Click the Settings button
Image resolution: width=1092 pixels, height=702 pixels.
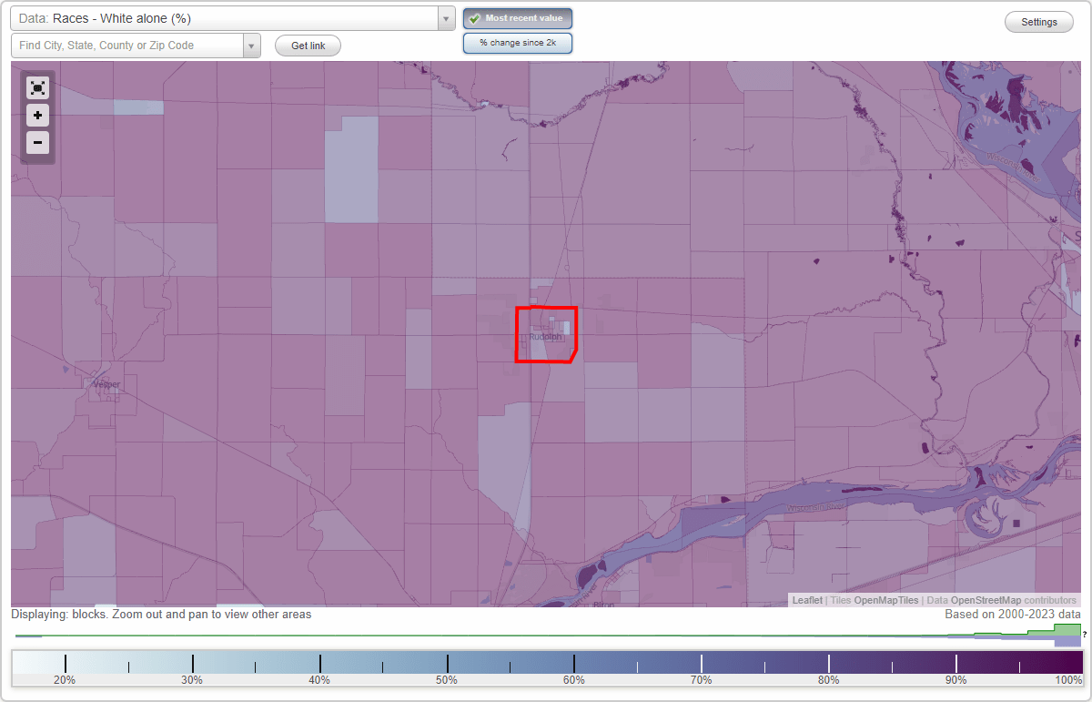[x=1039, y=23]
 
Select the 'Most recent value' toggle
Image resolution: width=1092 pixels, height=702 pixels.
[x=518, y=18]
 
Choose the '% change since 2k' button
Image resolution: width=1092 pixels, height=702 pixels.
[x=518, y=43]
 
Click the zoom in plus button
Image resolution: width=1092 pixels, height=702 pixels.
[x=37, y=116]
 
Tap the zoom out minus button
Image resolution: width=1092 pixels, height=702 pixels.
[x=37, y=142]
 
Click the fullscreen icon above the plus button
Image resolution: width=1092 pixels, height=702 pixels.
[x=37, y=87]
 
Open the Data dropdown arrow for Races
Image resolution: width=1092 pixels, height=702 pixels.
[x=446, y=19]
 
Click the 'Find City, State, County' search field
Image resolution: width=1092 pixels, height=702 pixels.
[x=127, y=46]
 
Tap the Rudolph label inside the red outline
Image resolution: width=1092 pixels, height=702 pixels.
[x=545, y=337]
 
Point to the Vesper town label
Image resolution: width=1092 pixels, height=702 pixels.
[x=106, y=384]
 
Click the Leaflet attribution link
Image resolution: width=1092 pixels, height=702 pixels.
[x=807, y=600]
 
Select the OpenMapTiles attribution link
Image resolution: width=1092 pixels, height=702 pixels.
[x=885, y=600]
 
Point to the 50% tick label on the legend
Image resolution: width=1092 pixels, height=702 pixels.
[x=447, y=679]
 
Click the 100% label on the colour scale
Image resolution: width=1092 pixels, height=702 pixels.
[x=1068, y=679]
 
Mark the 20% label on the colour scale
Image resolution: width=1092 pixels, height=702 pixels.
[x=65, y=679]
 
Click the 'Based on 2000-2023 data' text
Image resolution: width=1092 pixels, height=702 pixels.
[x=1012, y=615]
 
